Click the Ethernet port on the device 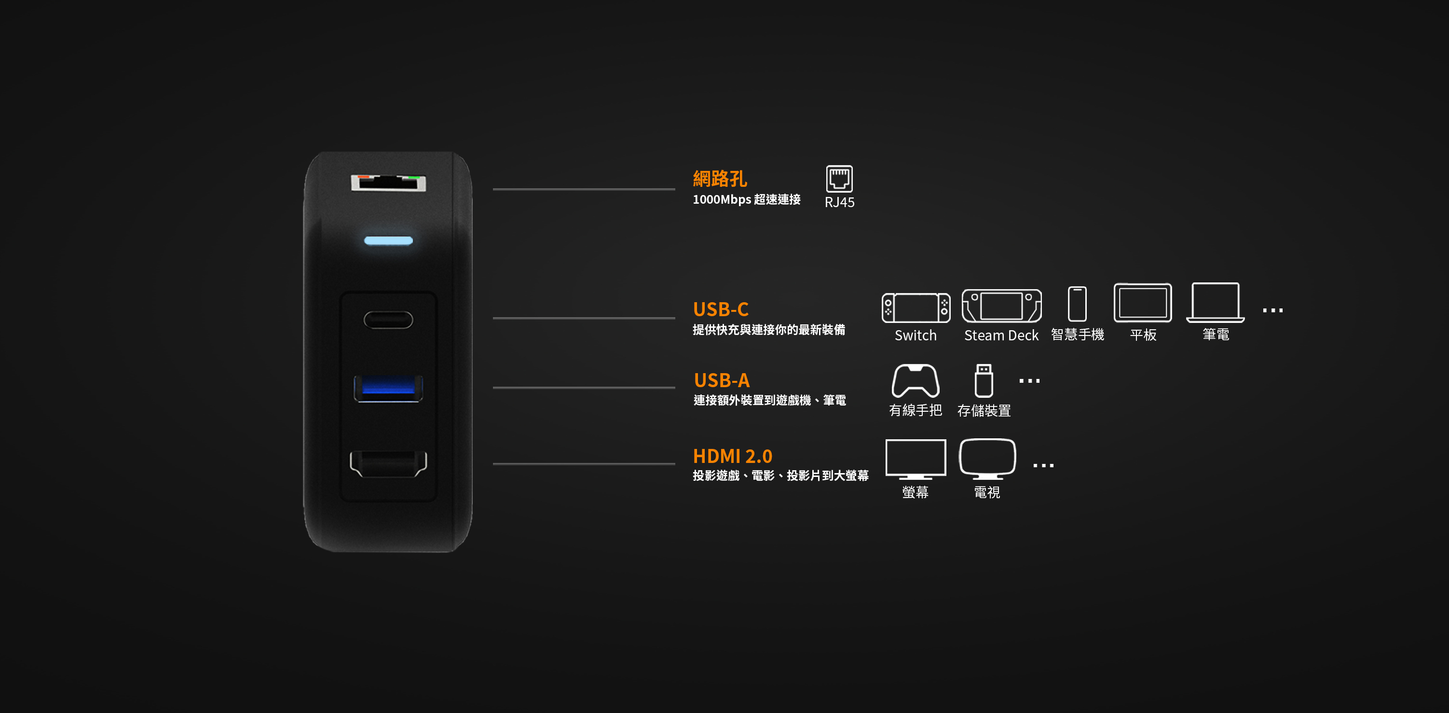(388, 183)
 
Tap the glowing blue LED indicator (388, 241)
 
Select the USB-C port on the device (388, 320)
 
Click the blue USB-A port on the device (388, 388)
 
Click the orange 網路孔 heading (720, 179)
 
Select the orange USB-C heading (721, 309)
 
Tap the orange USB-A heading (722, 380)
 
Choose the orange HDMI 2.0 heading (732, 456)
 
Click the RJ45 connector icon (839, 179)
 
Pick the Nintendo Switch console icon (916, 307)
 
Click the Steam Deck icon (1001, 306)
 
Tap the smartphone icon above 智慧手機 (1077, 304)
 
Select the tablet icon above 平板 (1142, 303)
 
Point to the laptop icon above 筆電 (1215, 303)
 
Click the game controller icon (915, 381)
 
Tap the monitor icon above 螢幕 (915, 459)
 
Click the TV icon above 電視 (987, 459)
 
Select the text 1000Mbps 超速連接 (746, 200)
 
